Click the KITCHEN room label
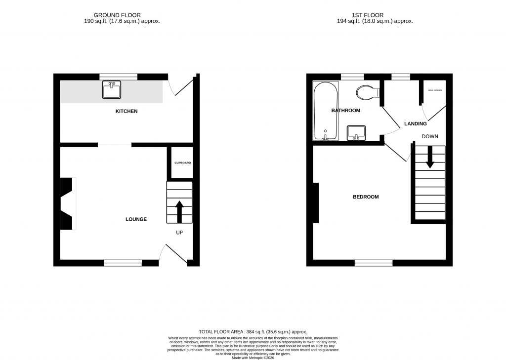click(126, 111)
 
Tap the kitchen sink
click(112, 90)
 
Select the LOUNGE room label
click(136, 219)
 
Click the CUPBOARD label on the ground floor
click(182, 163)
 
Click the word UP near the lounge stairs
click(179, 232)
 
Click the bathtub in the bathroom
click(326, 111)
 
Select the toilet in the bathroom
click(367, 92)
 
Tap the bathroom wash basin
click(356, 132)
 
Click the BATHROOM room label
click(345, 111)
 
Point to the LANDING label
click(415, 123)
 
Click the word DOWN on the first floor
click(429, 136)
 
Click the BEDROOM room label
click(366, 197)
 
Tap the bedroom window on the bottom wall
click(374, 263)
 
